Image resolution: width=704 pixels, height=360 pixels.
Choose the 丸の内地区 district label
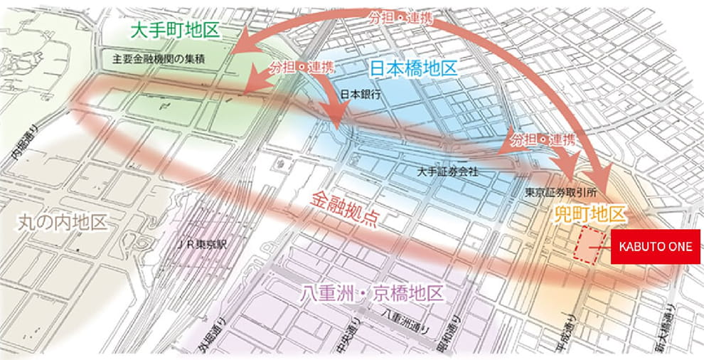pyautogui.click(x=62, y=223)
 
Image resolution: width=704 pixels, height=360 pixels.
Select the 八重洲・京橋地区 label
pyautogui.click(x=372, y=293)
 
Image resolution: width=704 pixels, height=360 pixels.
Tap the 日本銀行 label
pyautogui.click(x=361, y=94)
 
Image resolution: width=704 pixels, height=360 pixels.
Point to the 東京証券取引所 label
pyautogui.click(x=560, y=192)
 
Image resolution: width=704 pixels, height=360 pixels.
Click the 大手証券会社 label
pyautogui.click(x=449, y=171)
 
